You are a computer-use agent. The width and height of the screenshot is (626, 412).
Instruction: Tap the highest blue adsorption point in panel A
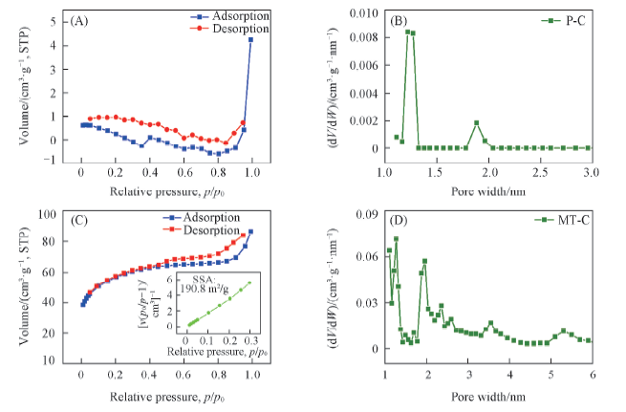(251, 39)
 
